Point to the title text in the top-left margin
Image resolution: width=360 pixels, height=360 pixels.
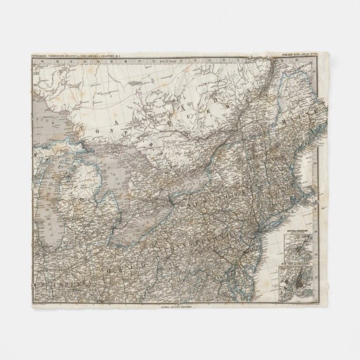pyautogui.click(x=78, y=56)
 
